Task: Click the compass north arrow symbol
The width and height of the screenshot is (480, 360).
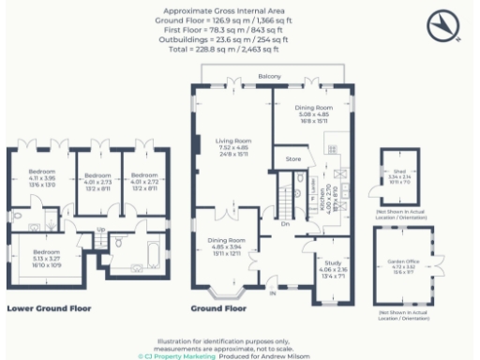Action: click(x=445, y=27)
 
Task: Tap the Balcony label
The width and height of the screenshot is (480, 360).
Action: click(x=271, y=76)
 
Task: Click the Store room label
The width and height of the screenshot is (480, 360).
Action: click(x=292, y=160)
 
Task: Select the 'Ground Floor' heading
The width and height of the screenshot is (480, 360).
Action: click(x=217, y=307)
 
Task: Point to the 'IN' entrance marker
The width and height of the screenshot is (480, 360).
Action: click(x=274, y=293)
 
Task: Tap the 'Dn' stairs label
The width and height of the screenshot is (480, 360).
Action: click(x=285, y=223)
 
